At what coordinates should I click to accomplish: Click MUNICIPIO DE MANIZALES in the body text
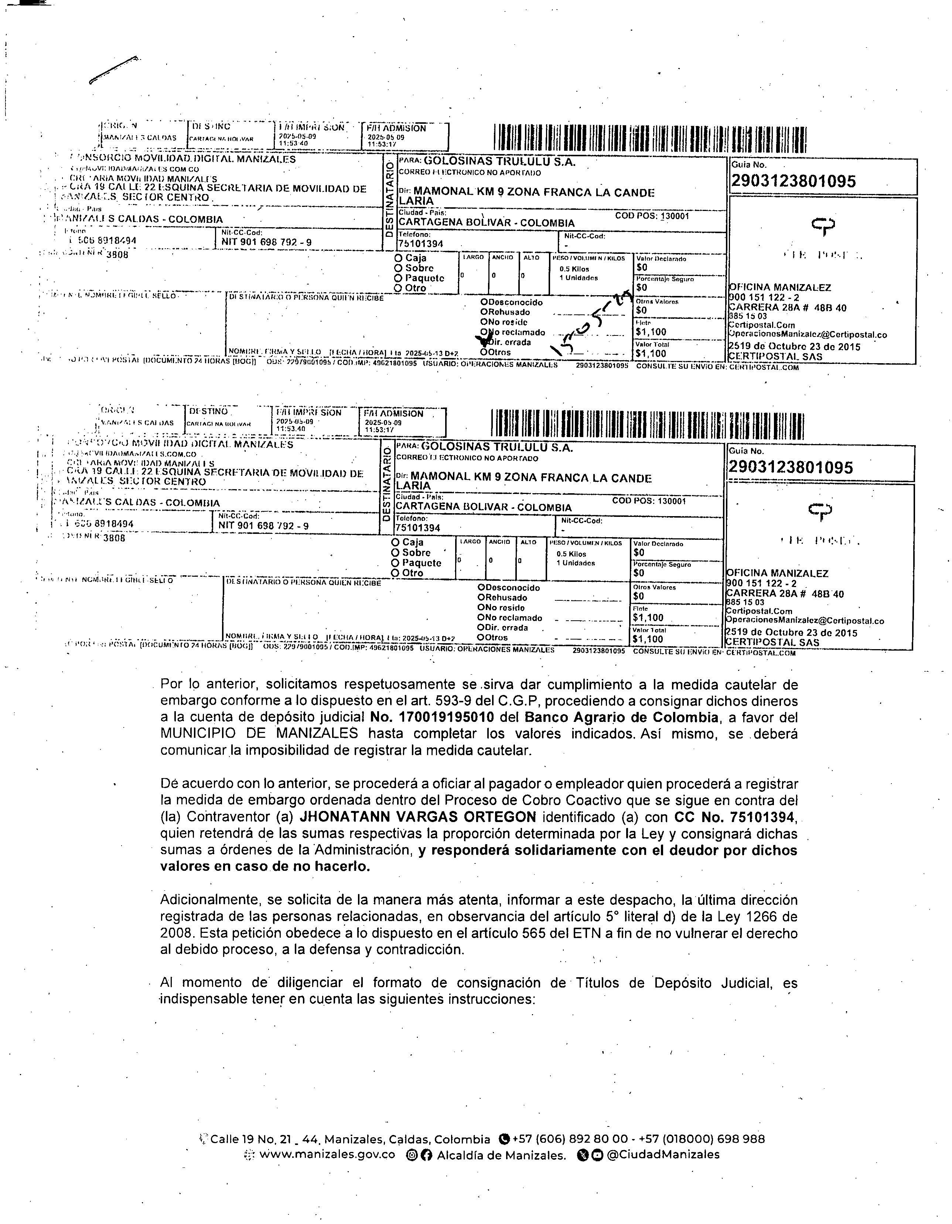(259, 734)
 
